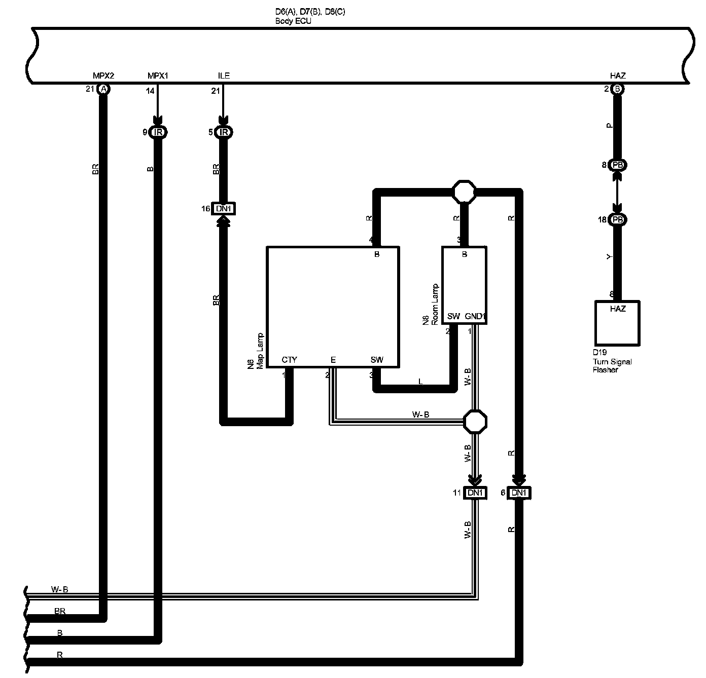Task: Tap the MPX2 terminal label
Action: point(103,76)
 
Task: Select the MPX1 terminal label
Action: point(158,76)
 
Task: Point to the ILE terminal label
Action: point(224,76)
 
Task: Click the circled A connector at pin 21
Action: point(103,89)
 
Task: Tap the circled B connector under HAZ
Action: point(617,89)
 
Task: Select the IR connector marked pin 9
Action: point(158,133)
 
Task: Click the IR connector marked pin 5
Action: point(223,133)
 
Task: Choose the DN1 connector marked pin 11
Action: point(476,493)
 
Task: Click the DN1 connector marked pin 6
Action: point(519,493)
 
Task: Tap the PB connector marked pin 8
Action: point(617,165)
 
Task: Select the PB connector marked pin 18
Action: point(617,220)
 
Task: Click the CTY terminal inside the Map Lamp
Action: point(289,360)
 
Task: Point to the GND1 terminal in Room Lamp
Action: point(475,317)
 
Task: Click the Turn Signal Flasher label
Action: point(612,361)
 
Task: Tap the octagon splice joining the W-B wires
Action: point(476,421)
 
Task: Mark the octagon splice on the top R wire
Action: point(464,192)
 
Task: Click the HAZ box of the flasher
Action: point(617,323)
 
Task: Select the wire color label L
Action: point(420,382)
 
